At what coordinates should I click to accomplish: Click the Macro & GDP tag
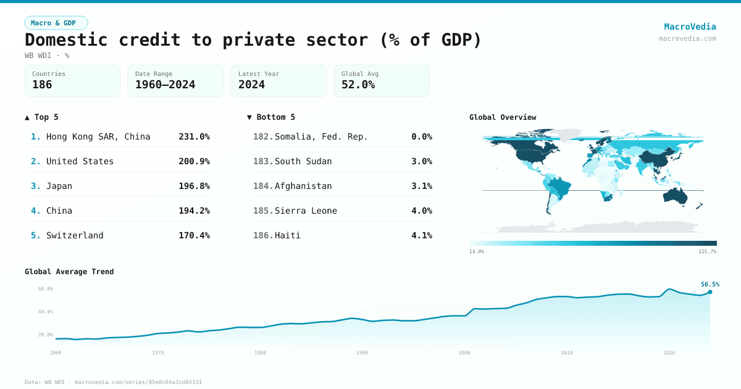pos(56,23)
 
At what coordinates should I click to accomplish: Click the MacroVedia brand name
pos(690,27)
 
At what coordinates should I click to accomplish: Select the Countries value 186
pos(42,85)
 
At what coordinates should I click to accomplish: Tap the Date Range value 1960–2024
pos(165,85)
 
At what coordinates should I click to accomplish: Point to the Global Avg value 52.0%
pos(358,85)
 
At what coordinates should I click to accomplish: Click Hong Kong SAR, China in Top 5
pos(98,136)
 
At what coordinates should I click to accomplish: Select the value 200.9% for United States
pos(194,161)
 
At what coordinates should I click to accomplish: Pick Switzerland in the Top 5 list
pos(75,235)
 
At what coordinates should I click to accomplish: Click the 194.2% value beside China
pos(194,211)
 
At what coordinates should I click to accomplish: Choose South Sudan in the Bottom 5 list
pos(303,161)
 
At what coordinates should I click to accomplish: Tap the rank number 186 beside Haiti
pos(262,235)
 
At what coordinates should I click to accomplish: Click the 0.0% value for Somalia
pos(422,136)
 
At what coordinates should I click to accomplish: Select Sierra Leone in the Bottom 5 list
pos(306,211)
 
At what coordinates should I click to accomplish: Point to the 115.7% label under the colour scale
pos(706,252)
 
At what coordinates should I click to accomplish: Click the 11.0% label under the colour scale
pos(477,252)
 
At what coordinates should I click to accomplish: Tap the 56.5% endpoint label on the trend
pos(710,285)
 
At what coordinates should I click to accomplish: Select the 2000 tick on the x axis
pos(464,353)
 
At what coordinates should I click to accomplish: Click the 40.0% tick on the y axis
pos(46,312)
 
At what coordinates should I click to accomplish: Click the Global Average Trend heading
pos(69,272)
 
